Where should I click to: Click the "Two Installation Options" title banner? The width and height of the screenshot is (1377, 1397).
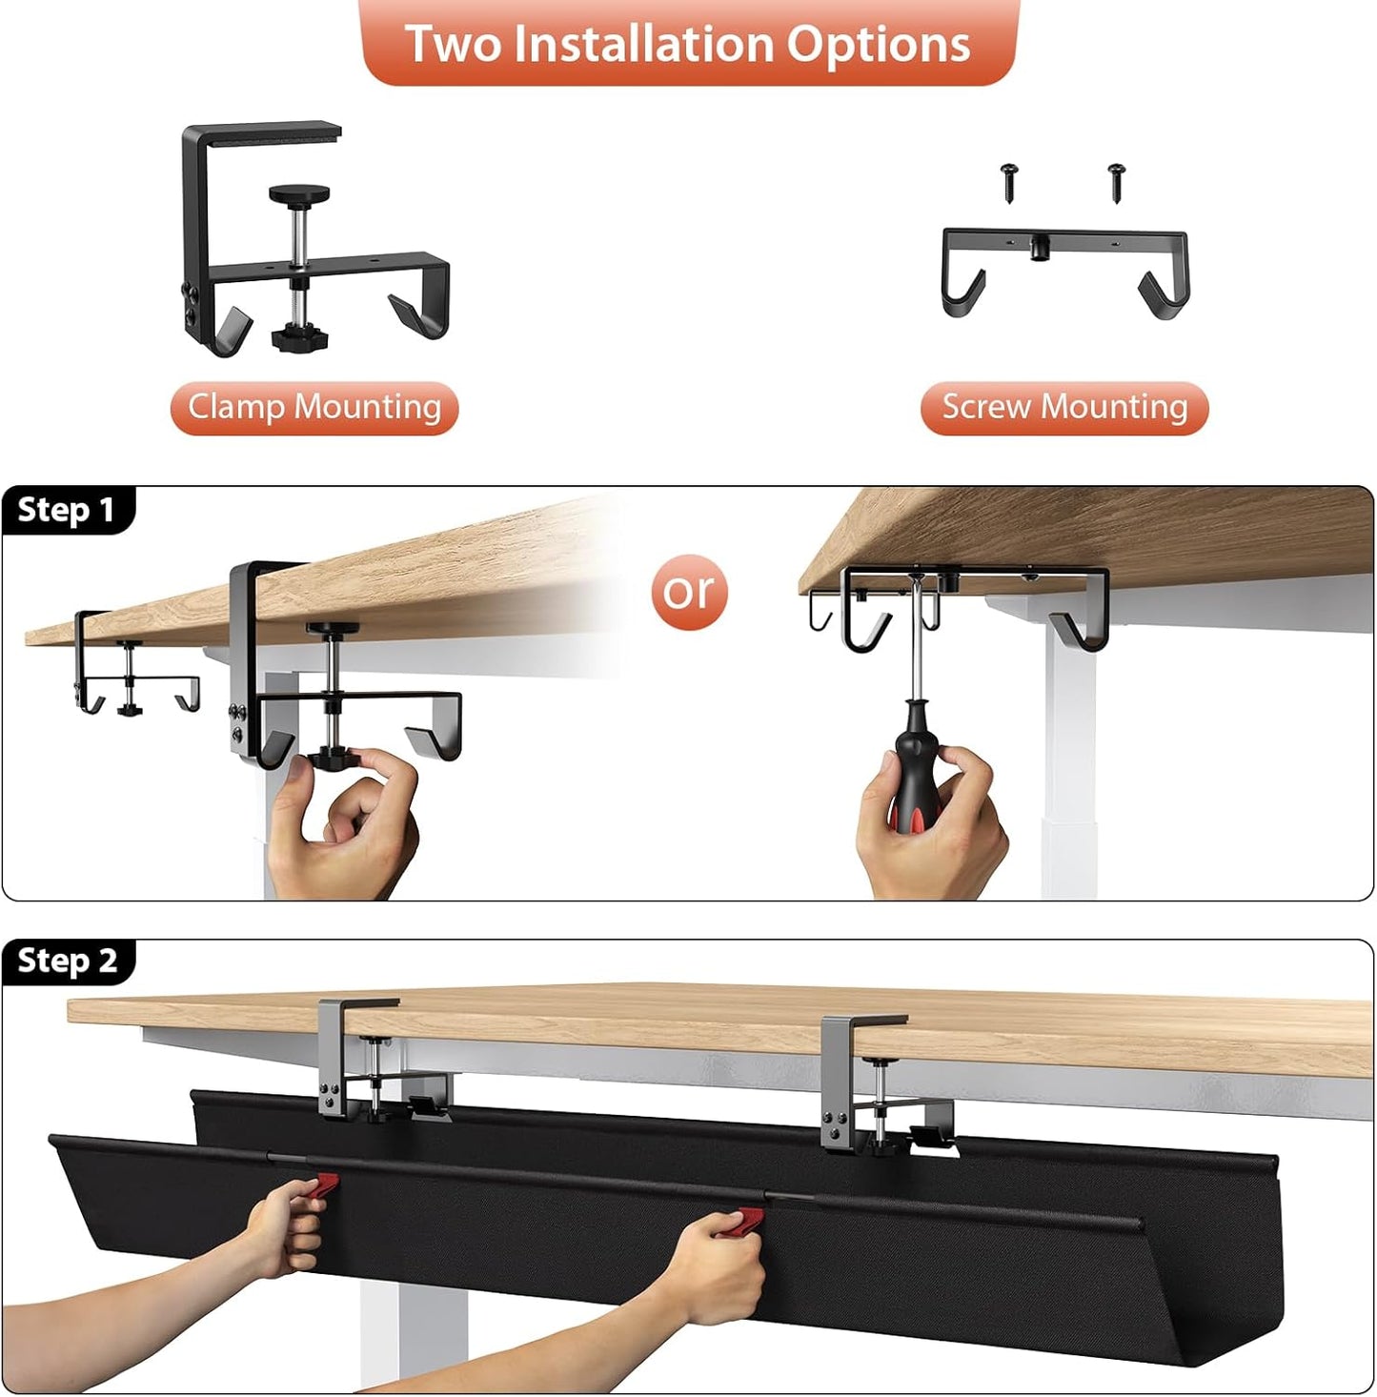coord(688,44)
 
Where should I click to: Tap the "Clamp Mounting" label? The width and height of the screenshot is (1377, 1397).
coord(314,408)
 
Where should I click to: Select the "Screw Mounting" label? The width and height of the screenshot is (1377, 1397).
coord(1064,408)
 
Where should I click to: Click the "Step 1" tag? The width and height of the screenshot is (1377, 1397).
coord(67,510)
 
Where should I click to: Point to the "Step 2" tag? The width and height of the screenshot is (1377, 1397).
coord(67,961)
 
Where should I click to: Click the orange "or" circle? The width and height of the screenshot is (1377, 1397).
coord(689,592)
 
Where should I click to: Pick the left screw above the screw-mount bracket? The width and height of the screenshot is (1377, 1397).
coord(1009,180)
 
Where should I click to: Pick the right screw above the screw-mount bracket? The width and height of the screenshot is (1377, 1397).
coord(1117,180)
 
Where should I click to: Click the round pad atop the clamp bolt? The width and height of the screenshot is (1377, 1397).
coord(299,194)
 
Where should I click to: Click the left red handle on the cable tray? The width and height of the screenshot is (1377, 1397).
coord(324,1184)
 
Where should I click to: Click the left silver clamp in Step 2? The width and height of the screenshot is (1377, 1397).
coord(353,1058)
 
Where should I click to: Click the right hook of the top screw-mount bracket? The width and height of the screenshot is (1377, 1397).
coord(1164,294)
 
